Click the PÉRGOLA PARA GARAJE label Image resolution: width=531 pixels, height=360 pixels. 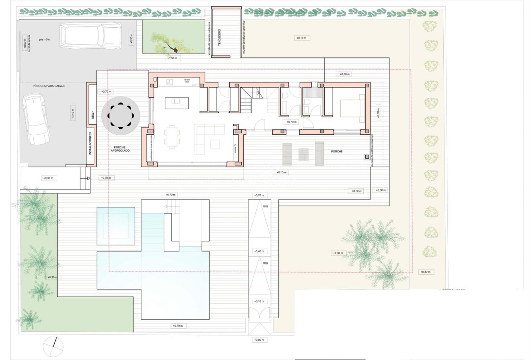pyautogui.click(x=49, y=86)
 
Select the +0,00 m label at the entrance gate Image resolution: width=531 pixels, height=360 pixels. pyautogui.click(x=258, y=340)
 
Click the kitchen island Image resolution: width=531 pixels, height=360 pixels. pyautogui.click(x=177, y=103)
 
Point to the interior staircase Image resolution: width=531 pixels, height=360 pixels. pyautogui.click(x=247, y=103)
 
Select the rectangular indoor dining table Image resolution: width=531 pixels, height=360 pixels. pyautogui.click(x=172, y=137)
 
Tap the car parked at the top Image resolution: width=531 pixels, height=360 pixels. pyautogui.click(x=90, y=36)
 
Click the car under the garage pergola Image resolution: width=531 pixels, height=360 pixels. pyautogui.click(x=35, y=119)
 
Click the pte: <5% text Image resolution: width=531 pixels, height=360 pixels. pyautogui.click(x=44, y=39)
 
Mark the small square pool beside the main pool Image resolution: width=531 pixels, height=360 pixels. pyautogui.click(x=116, y=226)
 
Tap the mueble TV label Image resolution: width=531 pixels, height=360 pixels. pyautogui.click(x=235, y=148)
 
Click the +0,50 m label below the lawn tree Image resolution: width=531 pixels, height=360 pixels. pyautogui.click(x=173, y=58)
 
